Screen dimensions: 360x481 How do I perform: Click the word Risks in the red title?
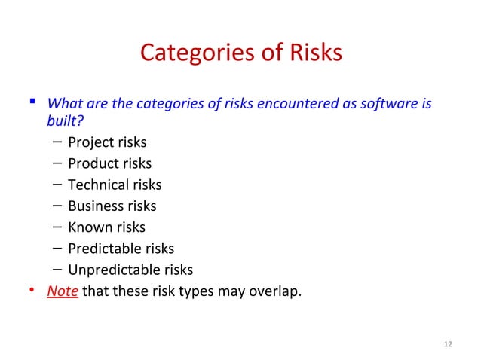(314, 53)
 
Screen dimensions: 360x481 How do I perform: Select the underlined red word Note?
(63, 291)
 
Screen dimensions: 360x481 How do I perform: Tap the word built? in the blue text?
(64, 121)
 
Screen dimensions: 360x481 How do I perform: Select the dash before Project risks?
(58, 142)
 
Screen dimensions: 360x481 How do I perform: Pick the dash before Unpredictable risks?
(58, 270)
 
